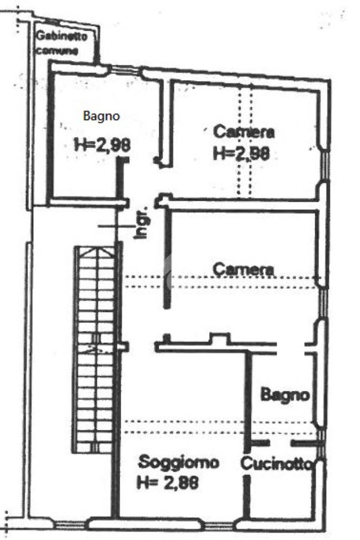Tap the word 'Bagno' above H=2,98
[x=101, y=116]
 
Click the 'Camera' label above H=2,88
[x=244, y=132]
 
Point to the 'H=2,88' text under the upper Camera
[x=242, y=153]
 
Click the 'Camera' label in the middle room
[x=244, y=270]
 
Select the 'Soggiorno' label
[x=179, y=463]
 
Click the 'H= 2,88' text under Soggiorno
[x=168, y=482]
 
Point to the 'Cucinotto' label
[x=276, y=464]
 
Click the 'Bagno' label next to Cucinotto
[x=285, y=395]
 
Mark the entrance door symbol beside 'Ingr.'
[x=116, y=226]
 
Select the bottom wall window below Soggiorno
[x=219, y=525]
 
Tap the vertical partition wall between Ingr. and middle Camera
[x=167, y=258]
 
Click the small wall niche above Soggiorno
[x=219, y=338]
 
